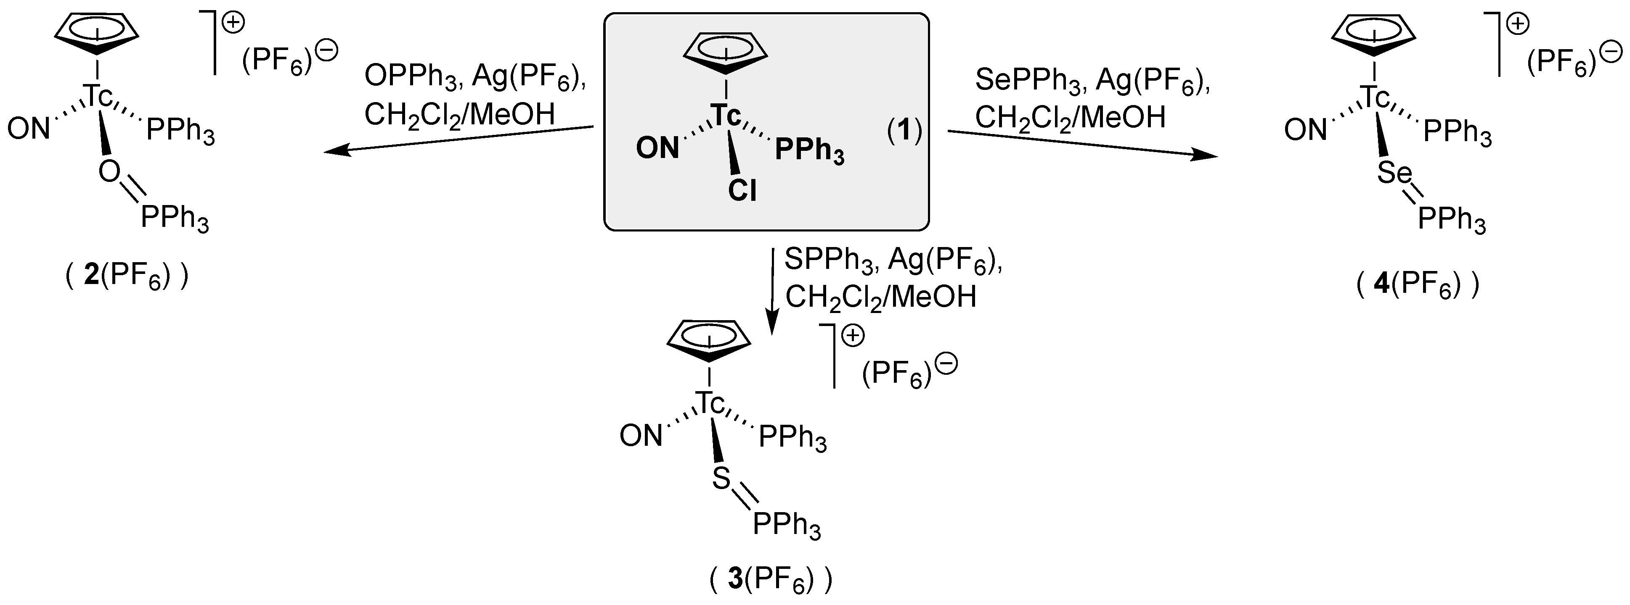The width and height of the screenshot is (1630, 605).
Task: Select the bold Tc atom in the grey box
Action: point(725,116)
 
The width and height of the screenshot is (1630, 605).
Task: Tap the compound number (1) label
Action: point(904,131)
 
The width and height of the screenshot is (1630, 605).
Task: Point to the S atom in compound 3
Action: point(721,479)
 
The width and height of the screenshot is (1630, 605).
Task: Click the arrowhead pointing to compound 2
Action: point(335,150)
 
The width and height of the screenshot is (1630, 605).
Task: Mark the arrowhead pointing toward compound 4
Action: point(1206,155)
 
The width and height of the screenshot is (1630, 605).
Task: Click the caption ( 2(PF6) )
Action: point(127,277)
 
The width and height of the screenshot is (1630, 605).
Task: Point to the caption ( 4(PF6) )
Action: point(1418,285)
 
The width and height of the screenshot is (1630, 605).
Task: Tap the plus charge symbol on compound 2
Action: point(234,24)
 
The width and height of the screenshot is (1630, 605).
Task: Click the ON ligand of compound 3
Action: point(640,436)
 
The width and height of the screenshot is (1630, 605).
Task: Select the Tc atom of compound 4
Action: point(1375,97)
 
